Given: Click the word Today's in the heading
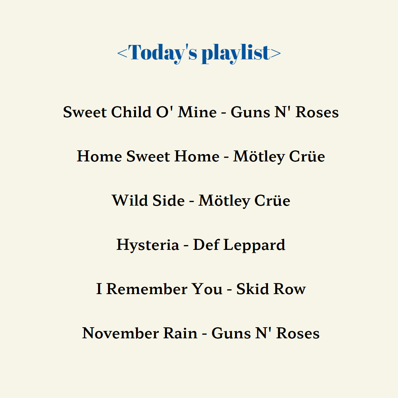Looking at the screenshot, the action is tap(163, 53).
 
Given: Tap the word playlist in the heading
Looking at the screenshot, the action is tap(236, 53).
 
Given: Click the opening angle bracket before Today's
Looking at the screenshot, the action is tap(122, 53).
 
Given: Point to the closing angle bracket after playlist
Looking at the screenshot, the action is tap(276, 53).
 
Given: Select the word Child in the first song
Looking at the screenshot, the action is tap(131, 112).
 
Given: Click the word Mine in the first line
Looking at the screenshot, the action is tap(197, 112).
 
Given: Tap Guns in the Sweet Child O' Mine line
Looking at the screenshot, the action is tap(250, 112).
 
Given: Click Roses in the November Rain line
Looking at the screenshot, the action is tap(298, 333).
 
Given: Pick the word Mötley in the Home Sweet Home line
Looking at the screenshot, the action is tap(259, 156).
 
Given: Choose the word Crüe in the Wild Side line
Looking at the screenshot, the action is tap(272, 200).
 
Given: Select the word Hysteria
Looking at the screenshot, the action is tap(148, 245).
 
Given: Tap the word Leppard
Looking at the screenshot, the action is tap(254, 245).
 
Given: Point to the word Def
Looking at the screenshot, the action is tap(206, 245).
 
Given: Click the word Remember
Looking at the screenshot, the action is tap(147, 289).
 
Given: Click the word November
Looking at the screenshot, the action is tap(120, 333).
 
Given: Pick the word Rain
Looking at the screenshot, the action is tap(180, 333).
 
